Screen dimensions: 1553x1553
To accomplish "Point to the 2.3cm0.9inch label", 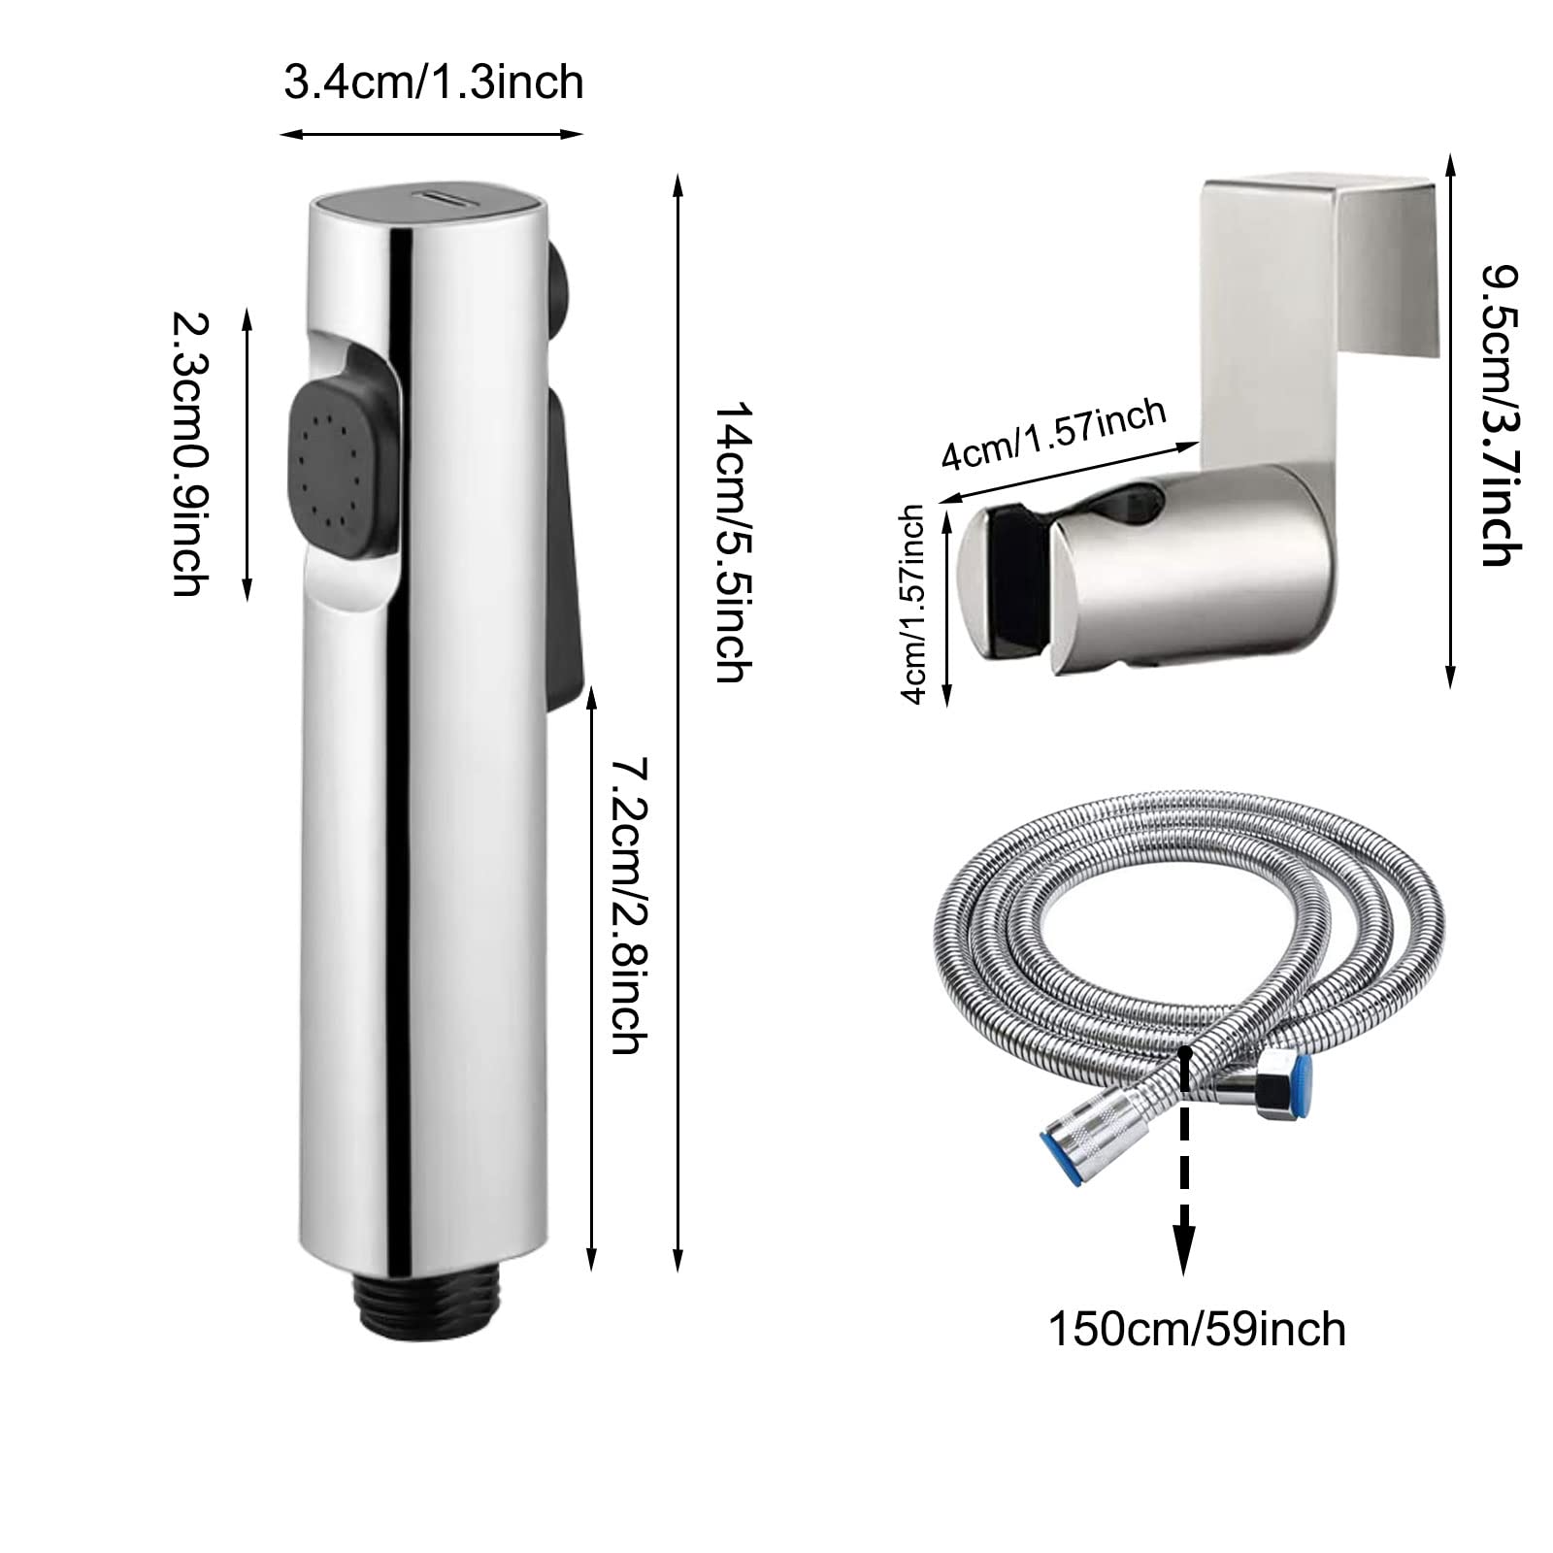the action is [190, 452].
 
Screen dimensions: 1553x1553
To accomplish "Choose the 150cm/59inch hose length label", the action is [1197, 1328].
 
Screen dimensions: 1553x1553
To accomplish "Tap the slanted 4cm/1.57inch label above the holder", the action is [1052, 435].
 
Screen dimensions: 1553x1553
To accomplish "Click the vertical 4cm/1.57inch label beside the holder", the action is [913, 604].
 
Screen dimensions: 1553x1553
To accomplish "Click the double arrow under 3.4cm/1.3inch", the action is [432, 134].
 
